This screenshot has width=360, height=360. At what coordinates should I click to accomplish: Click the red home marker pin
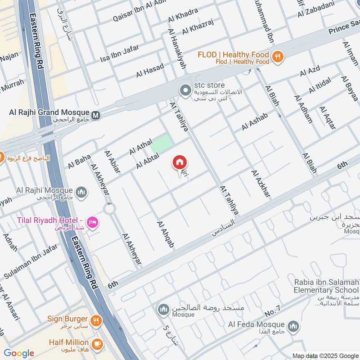point(180,162)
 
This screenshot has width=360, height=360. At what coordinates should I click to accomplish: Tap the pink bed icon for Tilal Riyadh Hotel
point(94,222)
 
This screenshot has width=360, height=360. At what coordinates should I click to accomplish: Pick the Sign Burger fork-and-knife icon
point(96,321)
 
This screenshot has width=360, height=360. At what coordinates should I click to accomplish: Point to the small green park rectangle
point(161,144)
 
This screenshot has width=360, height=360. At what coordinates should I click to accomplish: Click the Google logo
point(19,353)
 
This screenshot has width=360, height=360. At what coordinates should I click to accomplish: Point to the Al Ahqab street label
point(165,234)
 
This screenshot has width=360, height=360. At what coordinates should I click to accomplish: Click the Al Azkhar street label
point(261,184)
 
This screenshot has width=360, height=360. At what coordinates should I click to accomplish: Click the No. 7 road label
point(273,310)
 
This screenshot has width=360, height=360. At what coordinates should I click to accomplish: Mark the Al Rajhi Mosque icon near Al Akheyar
point(81,193)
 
